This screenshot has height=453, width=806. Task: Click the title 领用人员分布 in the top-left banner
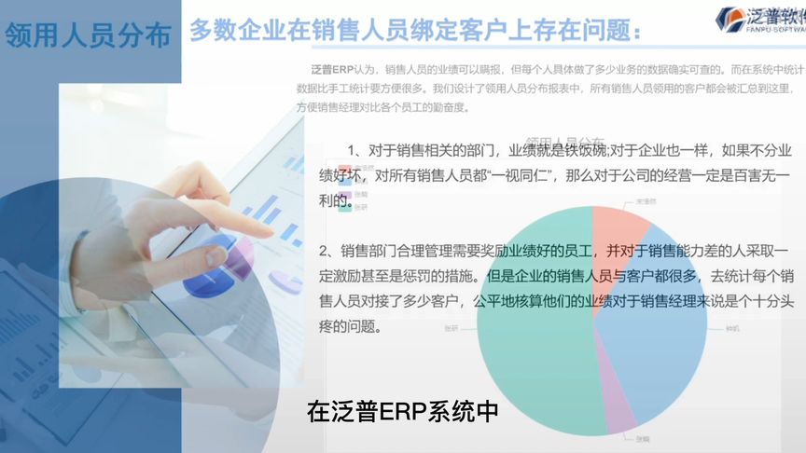click(x=88, y=35)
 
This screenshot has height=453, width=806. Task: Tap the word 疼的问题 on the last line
click(x=350, y=328)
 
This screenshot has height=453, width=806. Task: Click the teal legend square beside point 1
click(x=345, y=208)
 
